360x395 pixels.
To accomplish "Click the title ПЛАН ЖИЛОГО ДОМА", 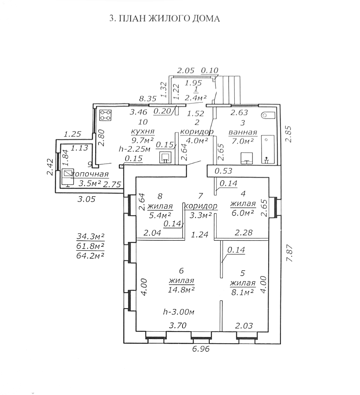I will pos(164,19).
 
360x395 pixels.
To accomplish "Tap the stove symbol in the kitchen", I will pos(106,115).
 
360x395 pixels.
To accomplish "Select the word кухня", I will pos(143,132).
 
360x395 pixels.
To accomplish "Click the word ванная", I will pos(243,132).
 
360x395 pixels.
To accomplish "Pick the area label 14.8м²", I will pos(181,290).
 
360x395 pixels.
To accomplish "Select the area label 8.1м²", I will pos(242,292).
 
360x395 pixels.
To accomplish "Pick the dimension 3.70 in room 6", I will pos(178,325).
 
